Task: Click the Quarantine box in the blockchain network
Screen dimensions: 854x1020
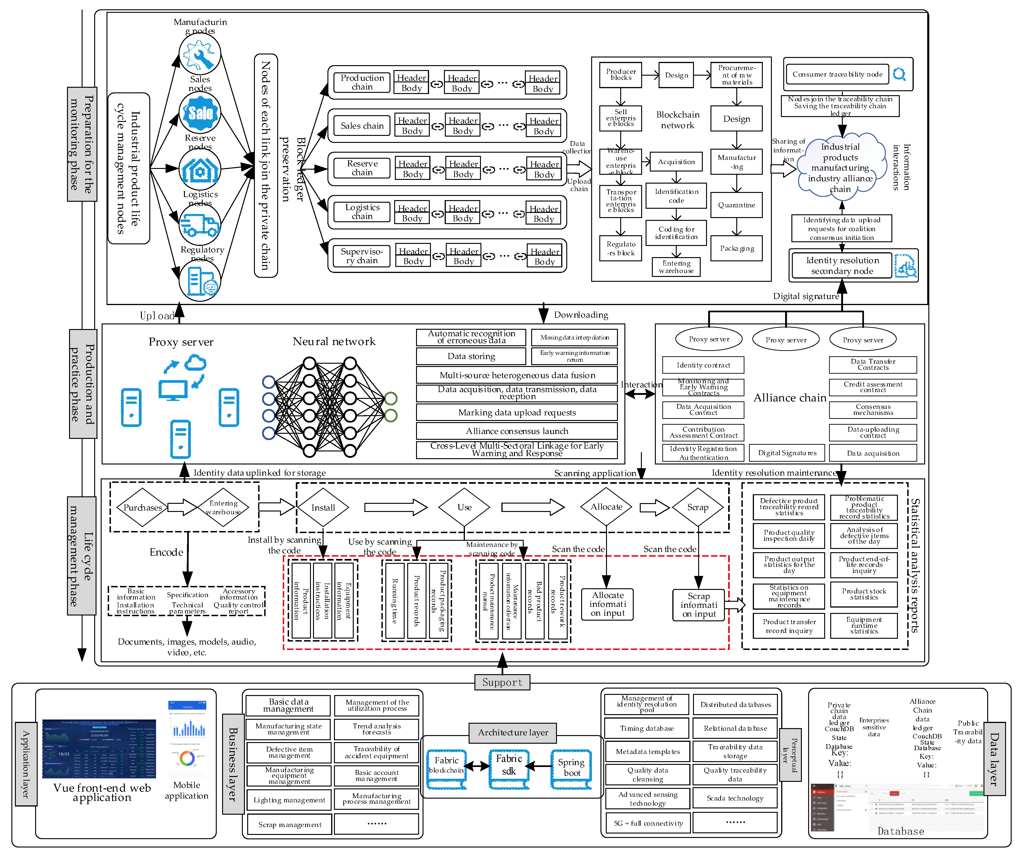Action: (736, 205)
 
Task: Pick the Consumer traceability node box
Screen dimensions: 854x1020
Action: (837, 74)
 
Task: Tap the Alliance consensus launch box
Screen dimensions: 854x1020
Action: (517, 431)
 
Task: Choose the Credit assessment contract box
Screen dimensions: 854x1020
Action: (873, 387)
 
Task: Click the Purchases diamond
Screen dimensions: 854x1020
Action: (142, 508)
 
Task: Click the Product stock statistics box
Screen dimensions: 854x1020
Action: (863, 594)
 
